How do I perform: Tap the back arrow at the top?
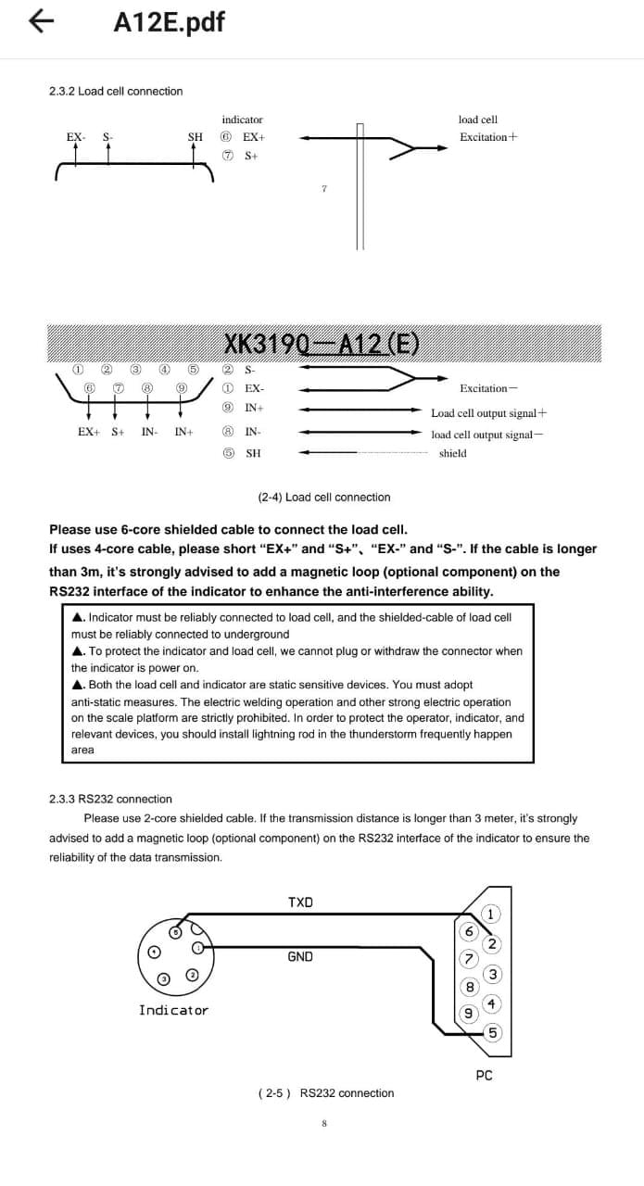(38, 20)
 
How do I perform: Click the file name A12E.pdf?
(169, 21)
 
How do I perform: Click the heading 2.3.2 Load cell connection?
(116, 91)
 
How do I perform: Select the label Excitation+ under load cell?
(488, 137)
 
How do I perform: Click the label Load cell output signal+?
(488, 413)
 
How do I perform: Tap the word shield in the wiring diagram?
(452, 453)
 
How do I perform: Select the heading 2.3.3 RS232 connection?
(110, 799)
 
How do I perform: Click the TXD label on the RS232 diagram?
(300, 902)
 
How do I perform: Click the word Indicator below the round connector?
(173, 1010)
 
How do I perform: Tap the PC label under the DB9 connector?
(484, 1076)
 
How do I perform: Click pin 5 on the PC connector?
(493, 1033)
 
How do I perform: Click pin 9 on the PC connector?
(469, 1013)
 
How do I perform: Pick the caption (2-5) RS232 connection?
(326, 1093)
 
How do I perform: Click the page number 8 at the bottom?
(324, 1124)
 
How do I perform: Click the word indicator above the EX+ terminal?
(242, 120)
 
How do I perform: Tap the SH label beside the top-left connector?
(196, 137)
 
